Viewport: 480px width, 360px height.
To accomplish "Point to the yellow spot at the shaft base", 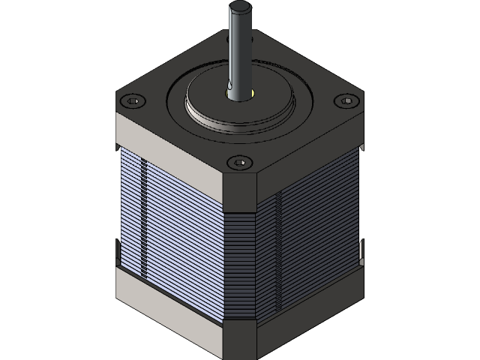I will point(253,94).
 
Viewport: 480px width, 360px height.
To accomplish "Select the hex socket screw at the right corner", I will point(346,100).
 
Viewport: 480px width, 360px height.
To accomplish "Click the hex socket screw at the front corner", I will point(239,161).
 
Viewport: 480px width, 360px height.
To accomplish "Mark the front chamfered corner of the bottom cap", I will point(240,341).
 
